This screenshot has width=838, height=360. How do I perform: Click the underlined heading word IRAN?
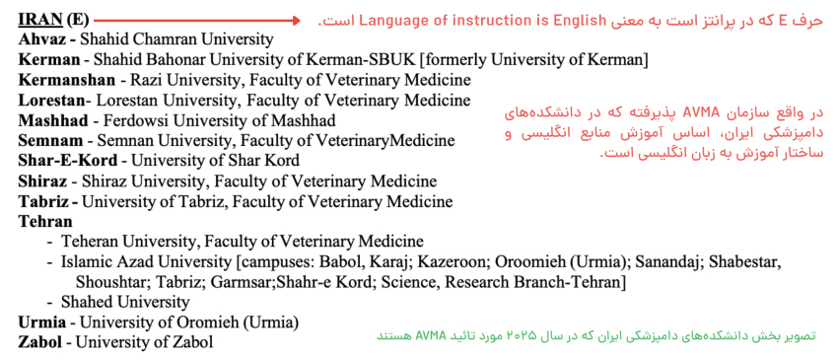tap(40, 20)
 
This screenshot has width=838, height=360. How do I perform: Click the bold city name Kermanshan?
tap(67, 80)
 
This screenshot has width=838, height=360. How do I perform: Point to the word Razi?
tap(144, 80)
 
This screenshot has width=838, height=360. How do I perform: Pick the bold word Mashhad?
tap(53, 121)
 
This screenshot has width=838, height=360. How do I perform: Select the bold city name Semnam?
tap(50, 141)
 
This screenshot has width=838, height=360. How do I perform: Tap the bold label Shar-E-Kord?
tap(67, 161)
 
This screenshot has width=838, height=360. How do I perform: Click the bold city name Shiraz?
tap(42, 181)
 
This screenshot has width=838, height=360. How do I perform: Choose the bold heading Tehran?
tap(45, 222)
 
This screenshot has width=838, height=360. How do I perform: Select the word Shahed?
tap(87, 302)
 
